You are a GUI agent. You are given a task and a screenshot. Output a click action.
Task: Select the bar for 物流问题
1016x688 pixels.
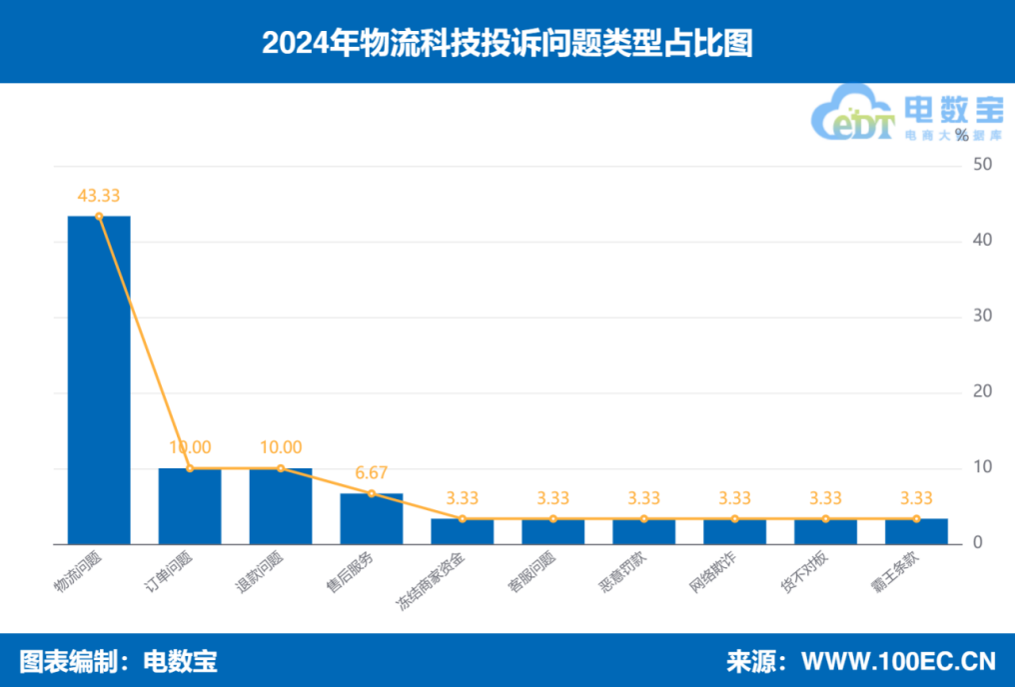pyautogui.click(x=99, y=379)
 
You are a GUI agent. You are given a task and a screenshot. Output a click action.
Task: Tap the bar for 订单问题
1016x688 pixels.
pyautogui.click(x=190, y=506)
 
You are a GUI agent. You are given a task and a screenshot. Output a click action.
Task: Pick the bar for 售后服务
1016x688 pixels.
pyautogui.click(x=372, y=519)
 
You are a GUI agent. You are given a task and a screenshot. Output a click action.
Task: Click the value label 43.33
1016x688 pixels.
pyautogui.click(x=99, y=196)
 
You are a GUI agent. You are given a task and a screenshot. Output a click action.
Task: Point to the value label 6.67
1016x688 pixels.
pyautogui.click(x=372, y=472)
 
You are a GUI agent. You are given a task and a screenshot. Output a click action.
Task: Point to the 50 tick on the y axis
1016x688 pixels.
pyautogui.click(x=982, y=165)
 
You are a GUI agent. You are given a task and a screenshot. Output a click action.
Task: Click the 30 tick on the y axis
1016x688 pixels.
pyautogui.click(x=982, y=317)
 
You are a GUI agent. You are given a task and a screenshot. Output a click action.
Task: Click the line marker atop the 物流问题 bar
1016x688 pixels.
pyautogui.click(x=99, y=216)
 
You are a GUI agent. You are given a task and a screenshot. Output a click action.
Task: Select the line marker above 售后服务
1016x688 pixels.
pyautogui.click(x=372, y=493)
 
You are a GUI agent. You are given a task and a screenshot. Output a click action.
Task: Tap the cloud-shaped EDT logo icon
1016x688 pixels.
pyautogui.click(x=851, y=116)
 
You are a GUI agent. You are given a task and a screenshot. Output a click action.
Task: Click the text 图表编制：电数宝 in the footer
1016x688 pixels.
pyautogui.click(x=119, y=661)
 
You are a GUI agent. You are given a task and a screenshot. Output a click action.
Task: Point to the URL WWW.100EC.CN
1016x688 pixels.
pyautogui.click(x=898, y=661)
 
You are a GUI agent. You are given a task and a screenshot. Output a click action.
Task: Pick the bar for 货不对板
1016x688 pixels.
pyautogui.click(x=825, y=532)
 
